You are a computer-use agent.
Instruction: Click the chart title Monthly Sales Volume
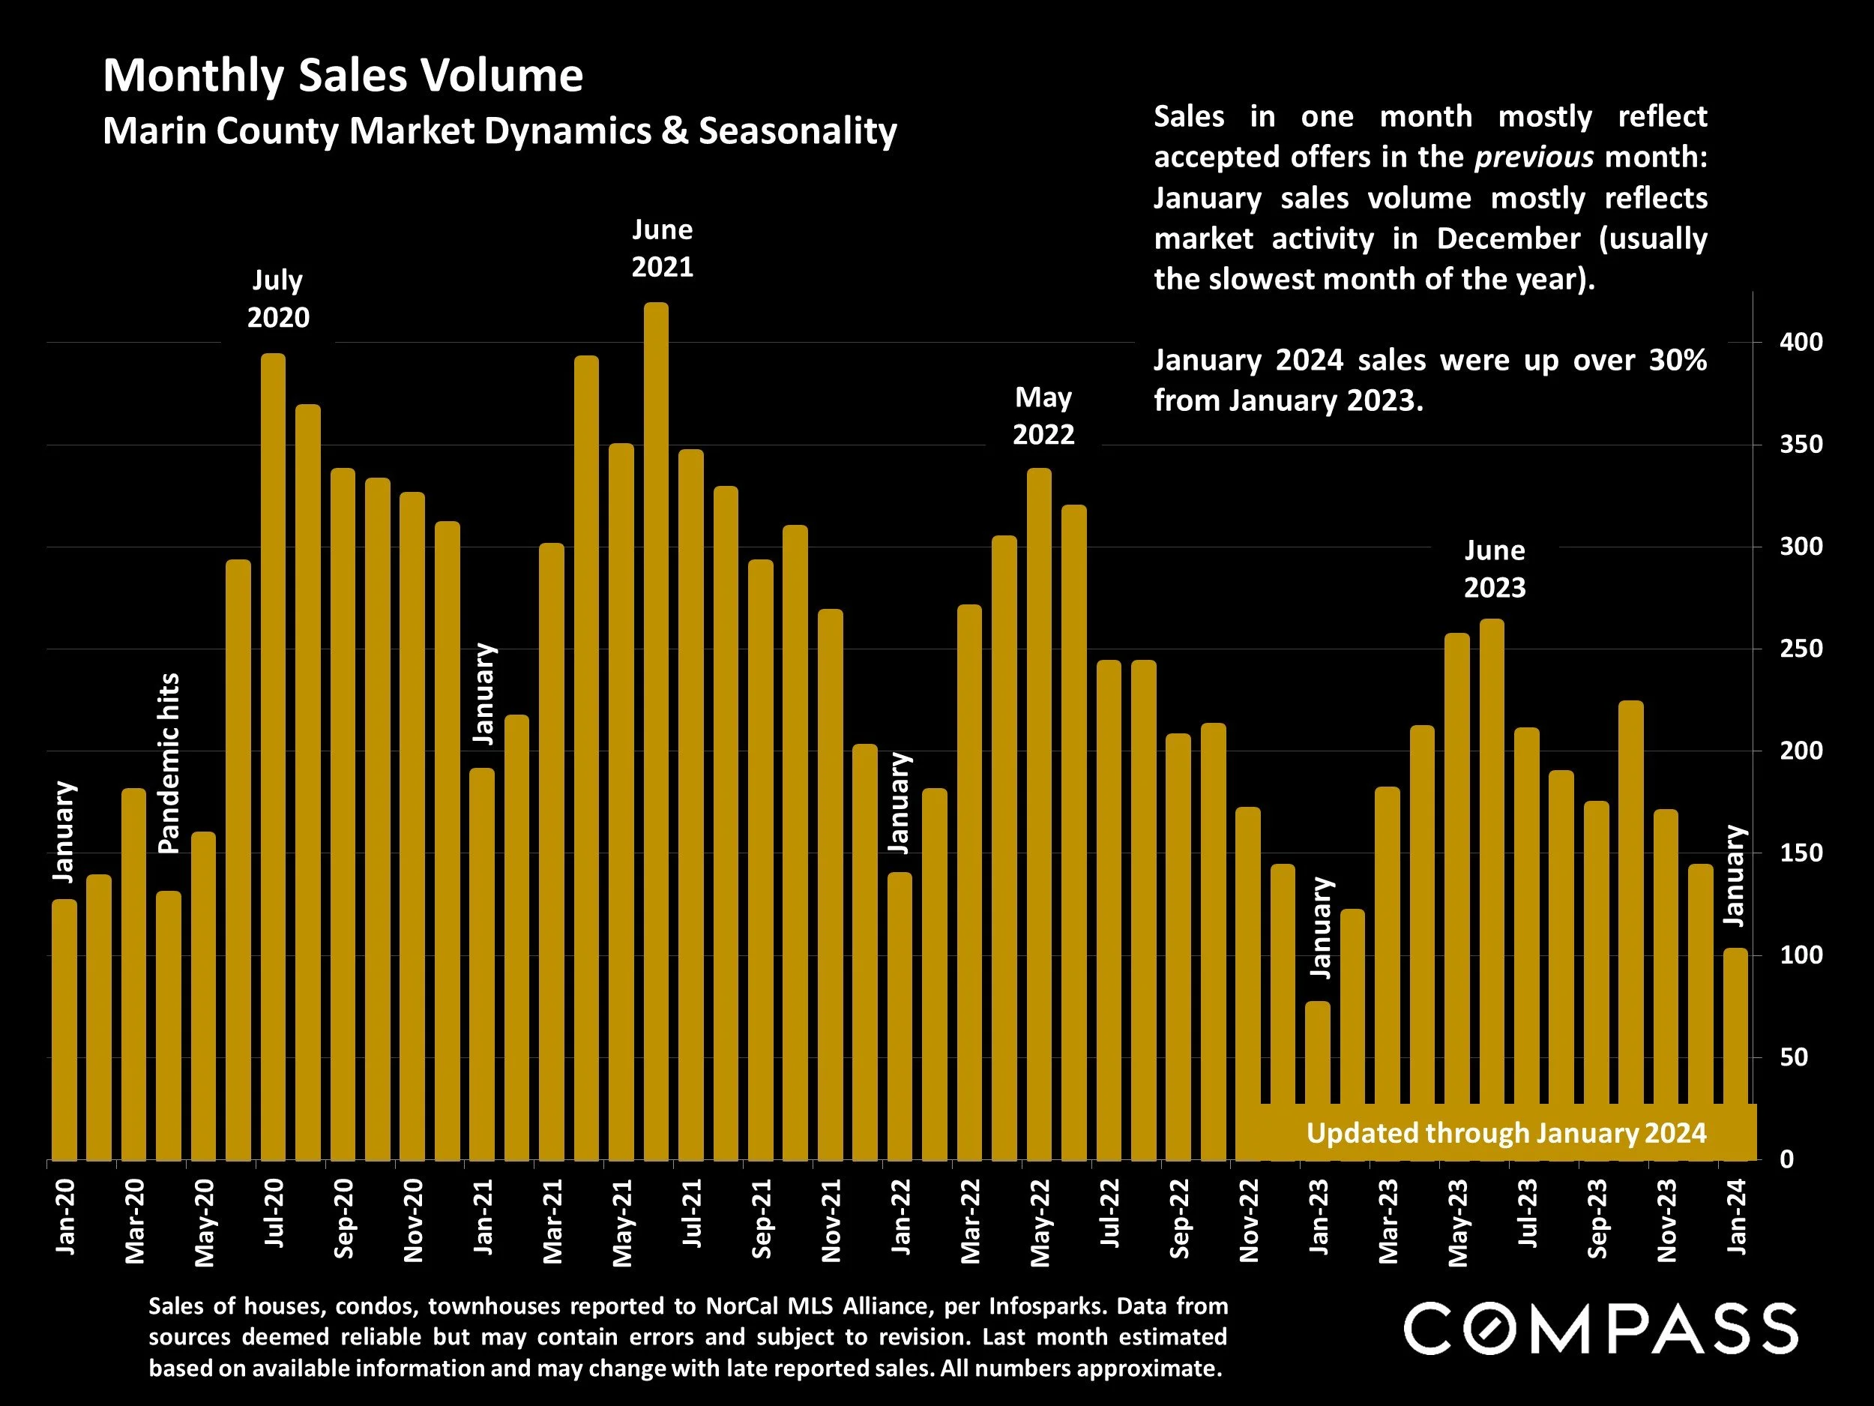343,76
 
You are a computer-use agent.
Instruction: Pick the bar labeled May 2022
1039,814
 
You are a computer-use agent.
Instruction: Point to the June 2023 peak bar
1492,890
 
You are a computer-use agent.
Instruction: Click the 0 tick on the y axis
1786,1160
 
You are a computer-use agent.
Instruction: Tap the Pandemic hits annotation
169,763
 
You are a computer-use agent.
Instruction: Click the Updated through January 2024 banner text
1505,1133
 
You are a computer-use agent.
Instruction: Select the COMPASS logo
1600,1329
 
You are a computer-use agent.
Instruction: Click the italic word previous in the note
1534,157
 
